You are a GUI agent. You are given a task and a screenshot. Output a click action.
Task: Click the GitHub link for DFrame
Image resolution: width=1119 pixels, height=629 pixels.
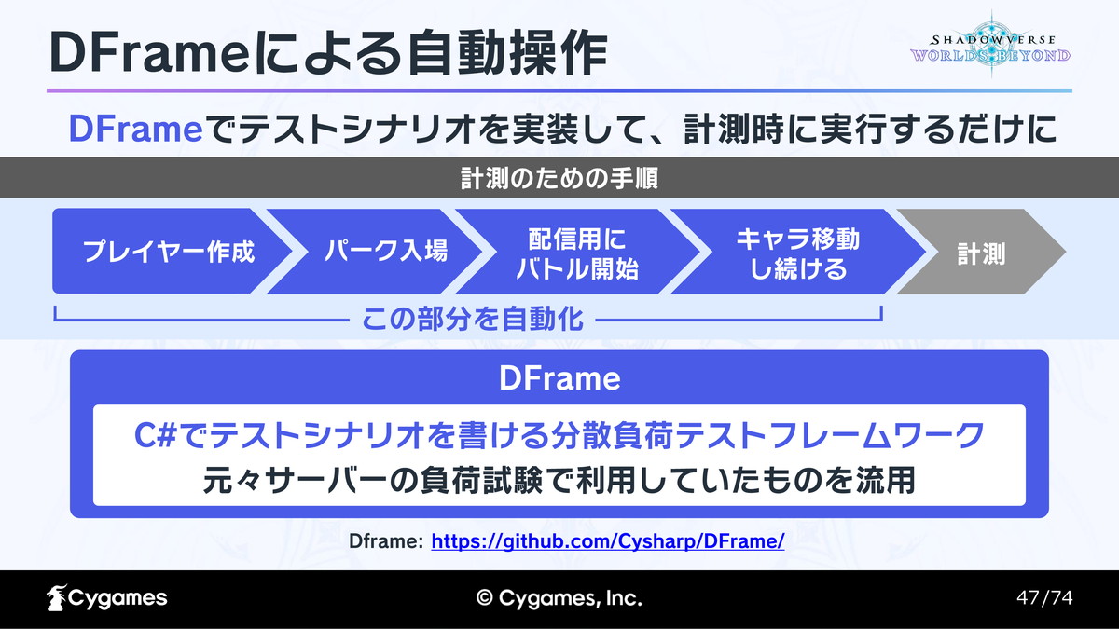tap(608, 541)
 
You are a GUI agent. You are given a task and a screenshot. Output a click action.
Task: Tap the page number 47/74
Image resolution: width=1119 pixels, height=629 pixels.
tap(1044, 597)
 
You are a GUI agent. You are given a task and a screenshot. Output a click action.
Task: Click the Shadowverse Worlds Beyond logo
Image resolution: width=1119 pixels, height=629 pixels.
tap(990, 46)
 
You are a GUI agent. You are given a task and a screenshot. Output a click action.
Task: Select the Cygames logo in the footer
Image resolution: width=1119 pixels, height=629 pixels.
tap(107, 597)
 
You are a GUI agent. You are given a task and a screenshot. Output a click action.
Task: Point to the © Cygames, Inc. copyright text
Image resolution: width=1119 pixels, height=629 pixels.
tap(559, 598)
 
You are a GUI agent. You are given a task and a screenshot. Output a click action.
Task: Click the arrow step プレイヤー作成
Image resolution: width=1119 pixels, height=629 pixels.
tap(170, 251)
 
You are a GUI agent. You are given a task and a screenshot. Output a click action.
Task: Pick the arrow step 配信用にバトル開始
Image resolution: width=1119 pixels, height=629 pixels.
tap(578, 251)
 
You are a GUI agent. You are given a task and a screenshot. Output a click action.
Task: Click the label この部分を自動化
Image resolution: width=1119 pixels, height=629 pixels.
tap(473, 319)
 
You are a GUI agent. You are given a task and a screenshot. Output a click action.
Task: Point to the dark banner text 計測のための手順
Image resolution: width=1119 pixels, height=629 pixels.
tap(559, 178)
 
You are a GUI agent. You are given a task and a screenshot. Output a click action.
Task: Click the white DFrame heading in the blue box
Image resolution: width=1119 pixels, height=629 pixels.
tap(559, 378)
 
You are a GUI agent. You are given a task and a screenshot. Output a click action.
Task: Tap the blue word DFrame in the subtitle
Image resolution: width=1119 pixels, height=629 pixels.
tap(136, 129)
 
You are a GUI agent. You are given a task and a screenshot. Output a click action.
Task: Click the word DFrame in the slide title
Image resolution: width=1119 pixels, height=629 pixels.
tap(149, 52)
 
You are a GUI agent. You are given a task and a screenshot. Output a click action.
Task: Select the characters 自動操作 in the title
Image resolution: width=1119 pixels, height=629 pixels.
tap(507, 52)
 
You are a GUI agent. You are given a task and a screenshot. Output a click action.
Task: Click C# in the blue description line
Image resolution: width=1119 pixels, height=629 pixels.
tap(156, 435)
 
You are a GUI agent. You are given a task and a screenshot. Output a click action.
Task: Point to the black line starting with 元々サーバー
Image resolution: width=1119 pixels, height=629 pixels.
tap(559, 480)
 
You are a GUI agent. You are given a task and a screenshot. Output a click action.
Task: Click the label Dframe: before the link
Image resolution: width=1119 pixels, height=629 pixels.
tap(386, 541)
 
